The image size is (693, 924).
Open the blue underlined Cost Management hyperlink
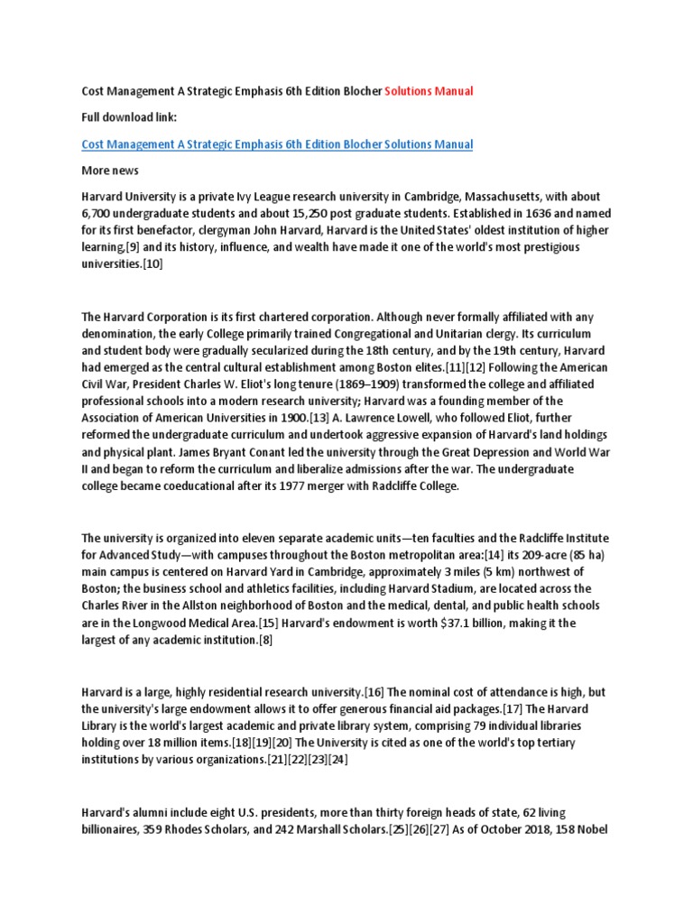[277, 144]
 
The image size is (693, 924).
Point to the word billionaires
[114, 828]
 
